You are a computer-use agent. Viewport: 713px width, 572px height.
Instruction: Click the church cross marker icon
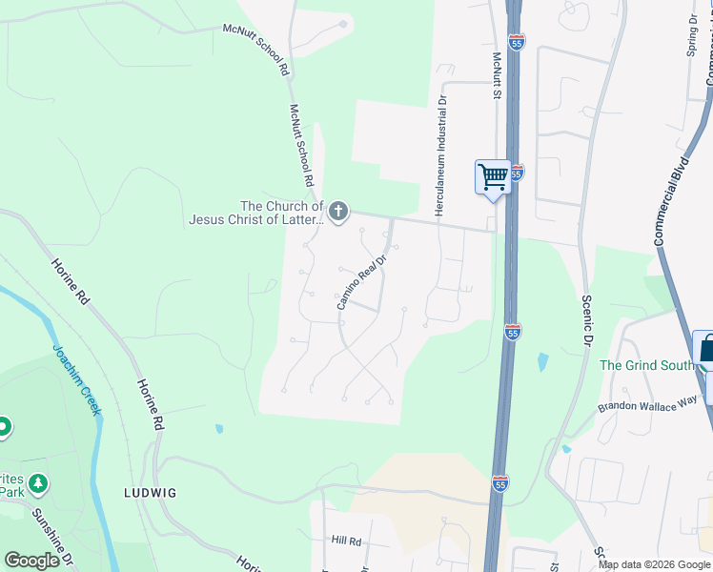[x=338, y=211]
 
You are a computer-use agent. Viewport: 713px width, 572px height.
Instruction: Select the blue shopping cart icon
[x=493, y=176]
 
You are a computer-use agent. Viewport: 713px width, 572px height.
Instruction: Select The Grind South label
[x=644, y=365]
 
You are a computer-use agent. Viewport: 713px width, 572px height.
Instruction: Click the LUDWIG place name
[x=150, y=493]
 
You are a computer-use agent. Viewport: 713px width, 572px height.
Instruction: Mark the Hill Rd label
[x=346, y=541]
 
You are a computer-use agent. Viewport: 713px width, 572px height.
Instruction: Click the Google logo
[x=31, y=561]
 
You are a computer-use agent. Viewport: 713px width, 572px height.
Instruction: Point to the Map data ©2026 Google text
[x=653, y=564]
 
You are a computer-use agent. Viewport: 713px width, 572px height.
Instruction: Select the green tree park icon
[x=38, y=484]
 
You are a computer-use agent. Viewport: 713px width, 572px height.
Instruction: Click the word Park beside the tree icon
[x=12, y=492]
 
